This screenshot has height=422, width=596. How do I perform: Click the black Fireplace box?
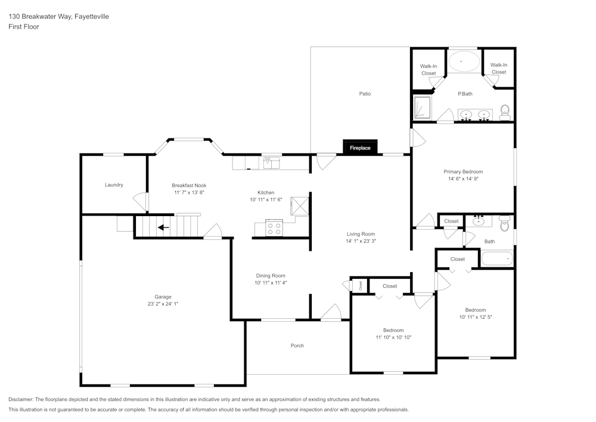click(x=360, y=147)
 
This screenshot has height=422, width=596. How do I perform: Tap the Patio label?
click(x=365, y=94)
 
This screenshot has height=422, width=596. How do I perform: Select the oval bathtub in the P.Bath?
click(x=464, y=61)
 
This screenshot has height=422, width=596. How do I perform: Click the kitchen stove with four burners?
click(x=274, y=227)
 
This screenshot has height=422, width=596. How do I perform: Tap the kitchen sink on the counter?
click(x=272, y=162)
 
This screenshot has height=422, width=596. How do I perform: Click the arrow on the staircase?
click(x=163, y=227)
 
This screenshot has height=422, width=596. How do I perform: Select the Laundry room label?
click(x=114, y=185)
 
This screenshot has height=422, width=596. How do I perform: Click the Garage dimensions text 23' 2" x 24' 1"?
click(x=163, y=304)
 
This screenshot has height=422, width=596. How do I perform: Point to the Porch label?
click(x=297, y=346)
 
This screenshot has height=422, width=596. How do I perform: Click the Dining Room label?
click(x=271, y=276)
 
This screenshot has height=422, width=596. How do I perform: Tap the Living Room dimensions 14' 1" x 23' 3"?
click(x=361, y=241)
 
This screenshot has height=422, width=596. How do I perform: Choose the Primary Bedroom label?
click(x=463, y=171)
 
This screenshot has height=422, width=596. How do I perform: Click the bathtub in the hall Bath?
click(x=496, y=259)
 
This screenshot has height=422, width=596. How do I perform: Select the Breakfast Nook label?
click(x=189, y=185)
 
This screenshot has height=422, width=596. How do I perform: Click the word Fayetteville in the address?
click(x=91, y=17)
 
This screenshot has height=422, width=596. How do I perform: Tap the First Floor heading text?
click(x=24, y=27)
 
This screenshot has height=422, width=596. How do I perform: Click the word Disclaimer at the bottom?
click(x=21, y=399)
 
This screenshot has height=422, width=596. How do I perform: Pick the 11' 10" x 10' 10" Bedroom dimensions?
click(x=393, y=337)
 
